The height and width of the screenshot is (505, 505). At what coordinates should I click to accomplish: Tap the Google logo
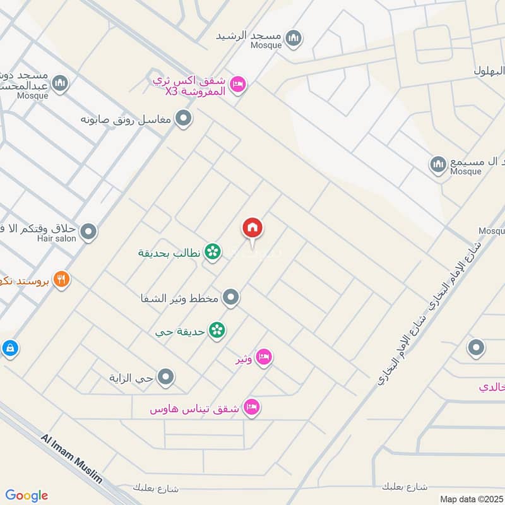[x=27, y=496]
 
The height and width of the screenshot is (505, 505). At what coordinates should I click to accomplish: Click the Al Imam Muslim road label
[x=72, y=458]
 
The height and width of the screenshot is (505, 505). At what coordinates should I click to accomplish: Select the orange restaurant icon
[x=61, y=279]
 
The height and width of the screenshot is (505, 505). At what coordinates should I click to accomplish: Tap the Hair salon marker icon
[x=89, y=232]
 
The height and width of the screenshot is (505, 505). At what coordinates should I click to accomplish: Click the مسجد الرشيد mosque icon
[x=294, y=39]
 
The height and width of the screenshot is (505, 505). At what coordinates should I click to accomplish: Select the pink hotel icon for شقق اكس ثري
[x=237, y=83]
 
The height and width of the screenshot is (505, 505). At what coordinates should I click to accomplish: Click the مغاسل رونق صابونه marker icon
[x=184, y=118]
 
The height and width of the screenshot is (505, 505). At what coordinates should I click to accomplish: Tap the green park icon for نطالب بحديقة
[x=213, y=252]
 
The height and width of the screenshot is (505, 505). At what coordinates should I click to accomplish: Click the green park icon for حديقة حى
[x=218, y=330]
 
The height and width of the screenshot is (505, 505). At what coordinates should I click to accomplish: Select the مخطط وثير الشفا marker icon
[x=232, y=297]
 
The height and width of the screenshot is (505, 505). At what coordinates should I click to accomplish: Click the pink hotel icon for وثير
[x=264, y=357]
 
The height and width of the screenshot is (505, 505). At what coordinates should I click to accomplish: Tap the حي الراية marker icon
[x=166, y=377]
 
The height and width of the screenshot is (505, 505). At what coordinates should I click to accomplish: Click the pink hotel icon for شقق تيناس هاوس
[x=252, y=408]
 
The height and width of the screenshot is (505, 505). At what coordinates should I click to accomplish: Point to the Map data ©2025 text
[x=470, y=499]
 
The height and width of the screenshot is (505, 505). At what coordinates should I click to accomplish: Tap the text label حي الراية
[x=136, y=379]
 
